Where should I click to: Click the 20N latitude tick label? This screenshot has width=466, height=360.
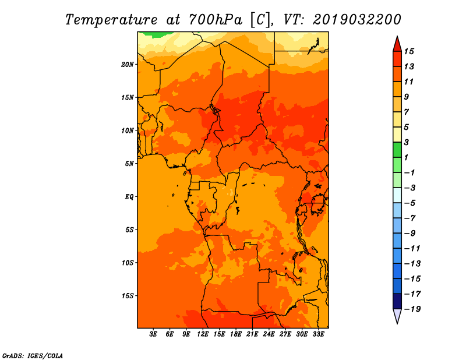(128, 64)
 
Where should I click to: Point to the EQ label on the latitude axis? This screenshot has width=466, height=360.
(129, 197)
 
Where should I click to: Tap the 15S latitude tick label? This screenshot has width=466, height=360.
(128, 296)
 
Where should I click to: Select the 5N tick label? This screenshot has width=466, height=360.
(129, 164)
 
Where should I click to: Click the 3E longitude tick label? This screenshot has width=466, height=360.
(153, 334)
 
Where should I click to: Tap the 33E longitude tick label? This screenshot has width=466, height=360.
(318, 334)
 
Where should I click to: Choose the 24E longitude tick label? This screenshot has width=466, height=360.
(269, 334)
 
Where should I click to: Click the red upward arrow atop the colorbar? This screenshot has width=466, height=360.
(397, 43)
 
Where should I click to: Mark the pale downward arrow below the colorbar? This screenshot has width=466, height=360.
(397, 316)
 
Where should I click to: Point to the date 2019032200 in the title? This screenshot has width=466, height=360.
(357, 19)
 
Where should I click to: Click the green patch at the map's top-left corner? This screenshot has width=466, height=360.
(150, 34)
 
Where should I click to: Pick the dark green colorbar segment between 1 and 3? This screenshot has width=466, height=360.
(397, 150)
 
